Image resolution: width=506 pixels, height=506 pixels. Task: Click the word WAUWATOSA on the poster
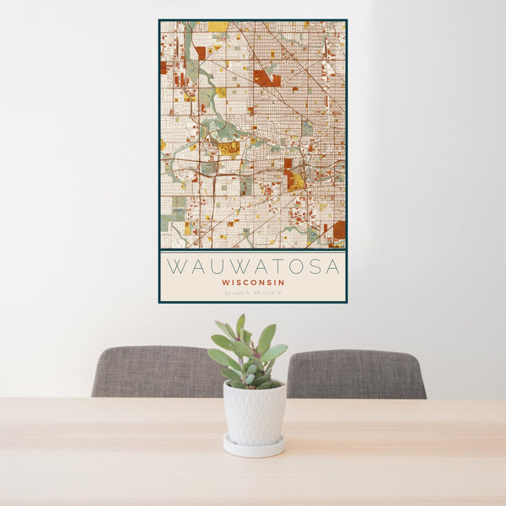pyautogui.click(x=253, y=266)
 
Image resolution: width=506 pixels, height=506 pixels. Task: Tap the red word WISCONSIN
pyautogui.click(x=253, y=283)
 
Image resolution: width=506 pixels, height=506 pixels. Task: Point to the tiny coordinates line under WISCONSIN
pyautogui.click(x=253, y=293)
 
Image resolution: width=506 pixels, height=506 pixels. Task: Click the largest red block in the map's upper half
pyautogui.click(x=264, y=78)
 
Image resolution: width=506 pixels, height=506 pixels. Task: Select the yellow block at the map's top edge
pyautogui.click(x=218, y=27)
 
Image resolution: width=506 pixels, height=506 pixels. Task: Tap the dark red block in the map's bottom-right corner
pyautogui.click(x=338, y=229)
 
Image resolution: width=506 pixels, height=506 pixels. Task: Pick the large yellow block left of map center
pyautogui.click(x=229, y=148)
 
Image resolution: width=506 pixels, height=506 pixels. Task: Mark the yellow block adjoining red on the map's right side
pyautogui.click(x=296, y=180)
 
